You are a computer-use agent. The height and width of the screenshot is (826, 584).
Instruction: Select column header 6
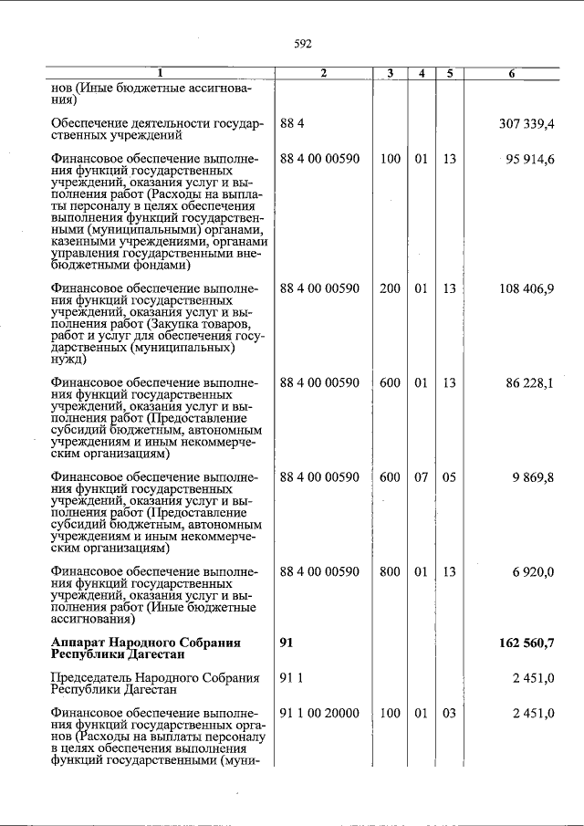[x=511, y=73]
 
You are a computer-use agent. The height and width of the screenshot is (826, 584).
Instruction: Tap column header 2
[x=323, y=73]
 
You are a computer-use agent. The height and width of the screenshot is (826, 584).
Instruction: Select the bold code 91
[x=287, y=643]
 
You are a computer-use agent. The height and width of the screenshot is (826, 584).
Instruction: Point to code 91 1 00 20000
[x=319, y=713]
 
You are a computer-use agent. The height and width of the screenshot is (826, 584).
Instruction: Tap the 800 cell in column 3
[x=390, y=571]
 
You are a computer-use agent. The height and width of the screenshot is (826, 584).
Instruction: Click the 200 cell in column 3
[x=390, y=288]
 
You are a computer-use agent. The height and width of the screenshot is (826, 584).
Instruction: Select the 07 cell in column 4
[x=421, y=477]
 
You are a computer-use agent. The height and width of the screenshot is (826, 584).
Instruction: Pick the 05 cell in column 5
[x=449, y=477]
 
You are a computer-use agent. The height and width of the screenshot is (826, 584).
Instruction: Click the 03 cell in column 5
[x=449, y=713]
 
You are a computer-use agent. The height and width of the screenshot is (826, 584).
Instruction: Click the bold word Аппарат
[x=81, y=643]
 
